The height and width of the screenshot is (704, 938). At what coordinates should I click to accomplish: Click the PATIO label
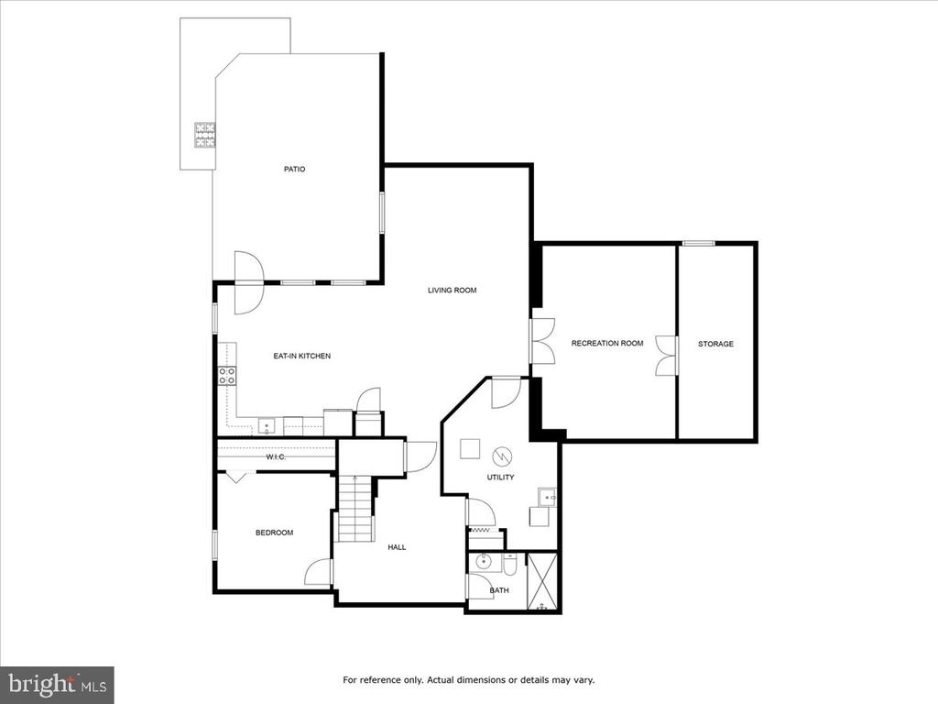[294, 170]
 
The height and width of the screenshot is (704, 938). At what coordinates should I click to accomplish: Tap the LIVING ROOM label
[453, 291]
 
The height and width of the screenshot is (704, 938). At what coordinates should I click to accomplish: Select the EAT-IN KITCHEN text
[302, 357]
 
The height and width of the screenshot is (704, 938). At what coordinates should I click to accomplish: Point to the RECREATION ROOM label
[607, 344]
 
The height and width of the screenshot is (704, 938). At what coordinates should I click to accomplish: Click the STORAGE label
[715, 345]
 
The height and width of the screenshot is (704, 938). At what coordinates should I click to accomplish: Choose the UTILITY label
[501, 478]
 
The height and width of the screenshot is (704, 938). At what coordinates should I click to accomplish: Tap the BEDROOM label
[275, 533]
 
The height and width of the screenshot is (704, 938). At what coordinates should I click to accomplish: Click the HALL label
[397, 547]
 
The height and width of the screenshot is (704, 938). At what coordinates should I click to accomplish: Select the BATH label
[499, 591]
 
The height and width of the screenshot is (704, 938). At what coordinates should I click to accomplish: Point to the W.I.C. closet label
[276, 457]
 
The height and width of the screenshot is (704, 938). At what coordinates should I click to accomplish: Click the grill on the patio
[204, 135]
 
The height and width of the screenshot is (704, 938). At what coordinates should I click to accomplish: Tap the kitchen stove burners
[227, 376]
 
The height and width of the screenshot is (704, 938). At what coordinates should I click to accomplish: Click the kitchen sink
[267, 427]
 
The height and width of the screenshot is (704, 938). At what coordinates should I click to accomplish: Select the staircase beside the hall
[356, 509]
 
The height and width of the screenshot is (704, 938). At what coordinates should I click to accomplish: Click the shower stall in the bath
[542, 582]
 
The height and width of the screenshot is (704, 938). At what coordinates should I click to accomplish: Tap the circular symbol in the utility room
[502, 456]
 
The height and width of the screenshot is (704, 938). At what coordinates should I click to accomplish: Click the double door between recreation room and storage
[668, 357]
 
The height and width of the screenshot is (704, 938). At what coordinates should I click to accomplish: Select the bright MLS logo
[57, 682]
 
